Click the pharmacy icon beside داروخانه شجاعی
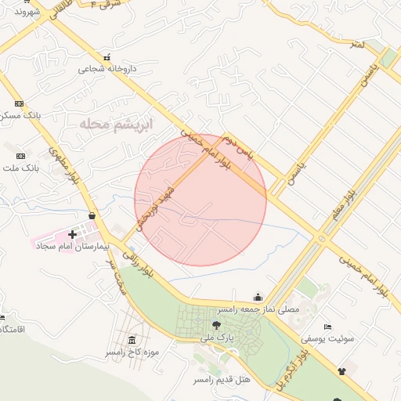coord(107,57)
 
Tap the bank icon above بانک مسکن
coord(20,103)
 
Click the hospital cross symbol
coord(73,233)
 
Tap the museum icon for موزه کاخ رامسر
coord(130,341)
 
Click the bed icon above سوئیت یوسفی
coord(327,326)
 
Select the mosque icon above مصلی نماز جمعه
coord(258,297)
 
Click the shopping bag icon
coord(93,215)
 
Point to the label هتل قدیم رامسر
coord(222,379)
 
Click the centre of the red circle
coord(200,200)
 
